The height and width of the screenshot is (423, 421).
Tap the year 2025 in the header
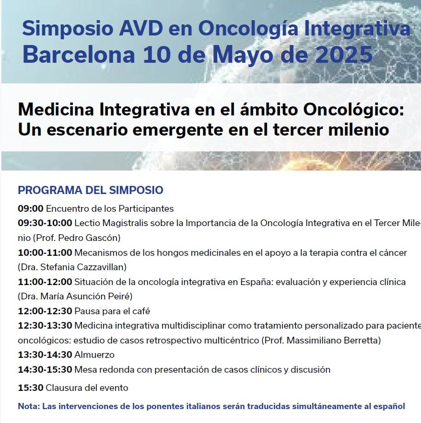341,55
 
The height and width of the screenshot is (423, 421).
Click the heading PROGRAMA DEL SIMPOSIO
90,190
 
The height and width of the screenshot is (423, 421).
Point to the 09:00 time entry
31,209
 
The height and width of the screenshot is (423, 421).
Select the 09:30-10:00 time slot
45,223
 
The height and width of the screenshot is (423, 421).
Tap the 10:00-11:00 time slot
45,252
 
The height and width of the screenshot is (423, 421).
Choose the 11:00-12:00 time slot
45,282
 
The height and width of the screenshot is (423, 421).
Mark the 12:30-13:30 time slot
45,326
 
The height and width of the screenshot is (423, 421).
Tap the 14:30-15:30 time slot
45,370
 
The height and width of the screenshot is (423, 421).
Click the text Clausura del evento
87,388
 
